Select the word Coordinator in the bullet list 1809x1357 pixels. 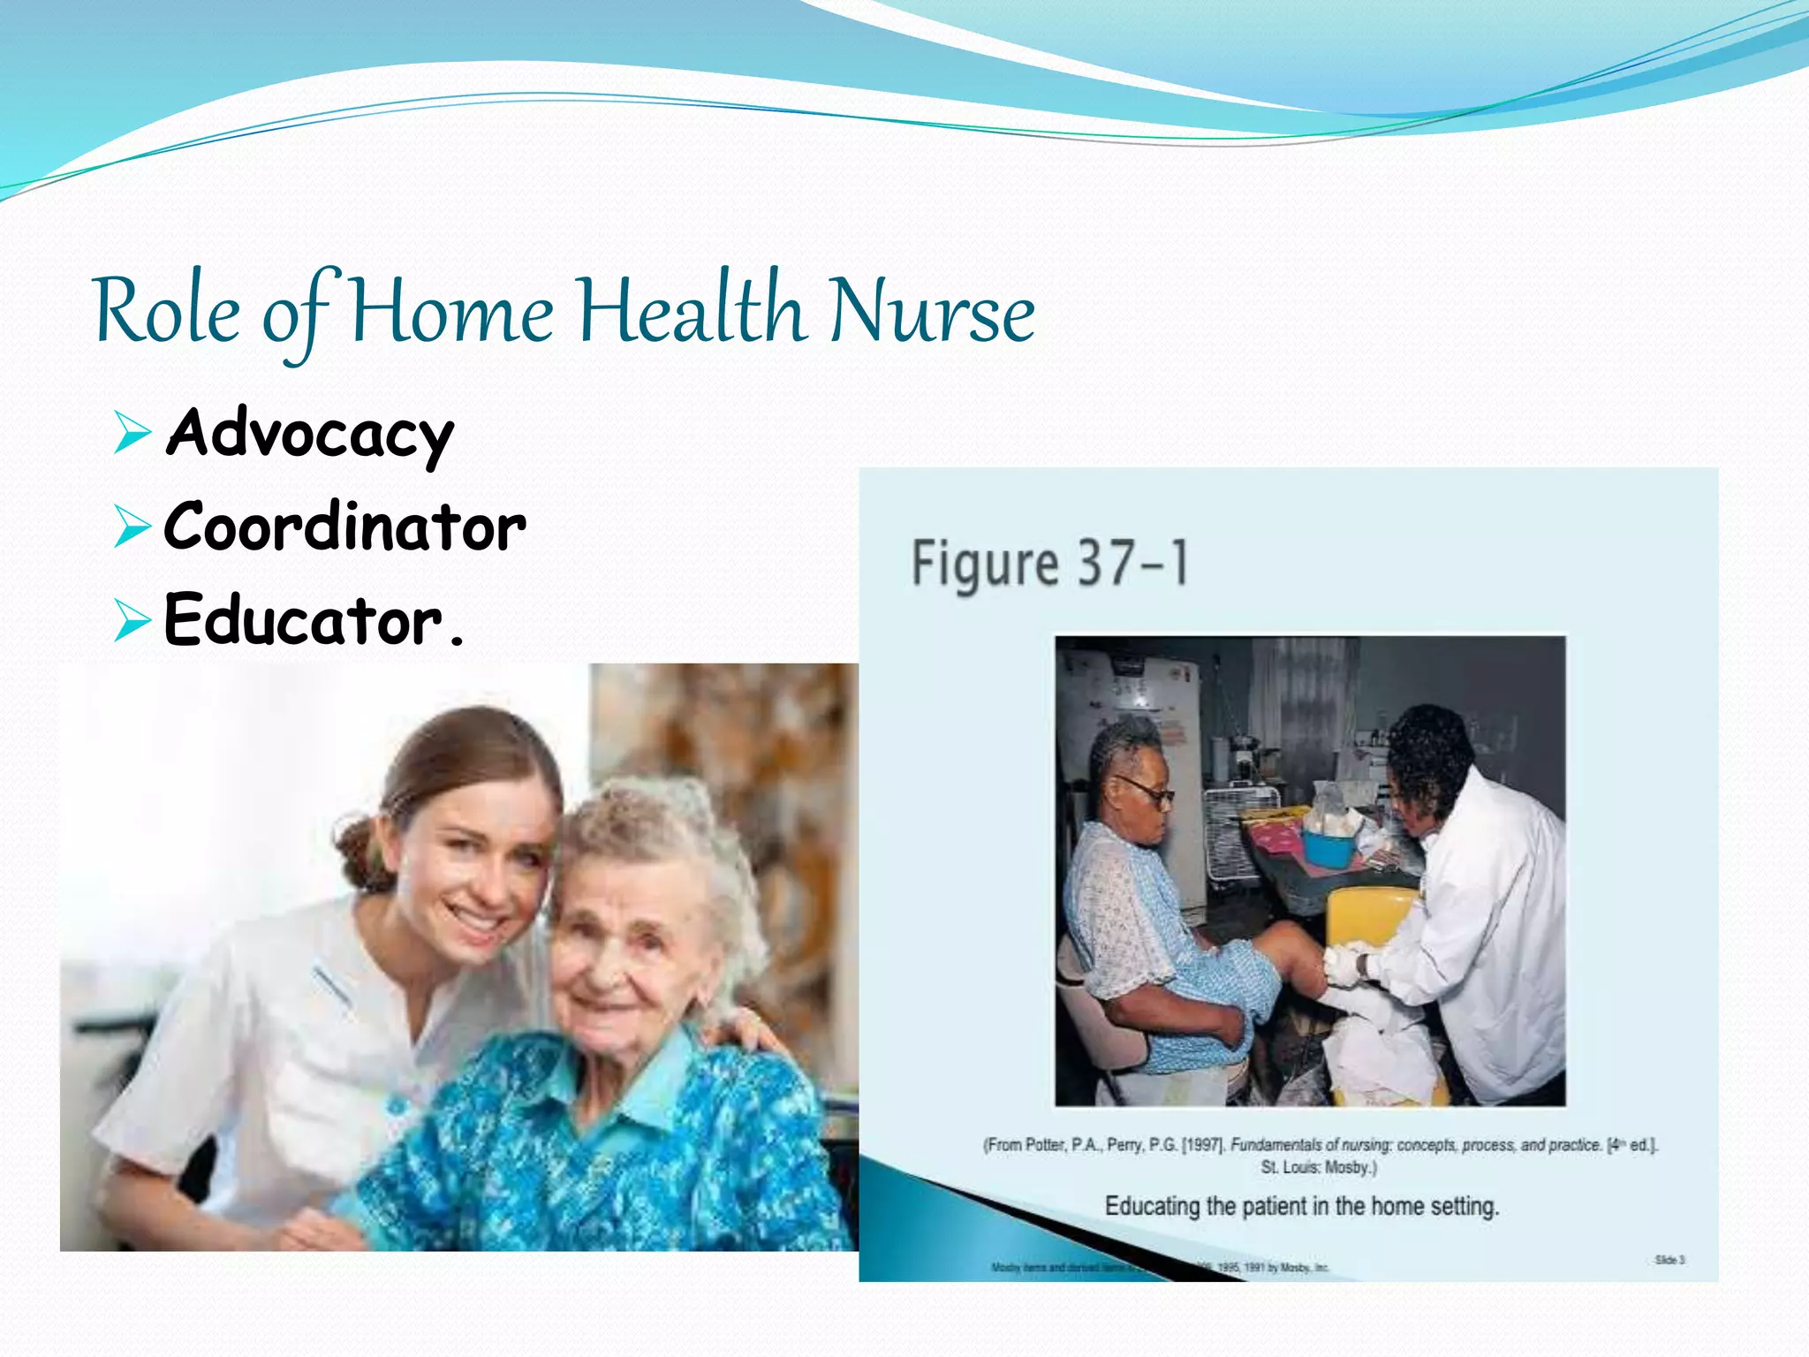point(344,527)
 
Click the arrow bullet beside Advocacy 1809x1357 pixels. point(132,434)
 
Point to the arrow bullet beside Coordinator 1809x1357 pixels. point(132,527)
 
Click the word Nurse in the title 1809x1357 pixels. point(932,311)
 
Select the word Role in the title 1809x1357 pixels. point(167,311)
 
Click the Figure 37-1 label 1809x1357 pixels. point(1049,563)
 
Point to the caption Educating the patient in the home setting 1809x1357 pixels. point(1301,1206)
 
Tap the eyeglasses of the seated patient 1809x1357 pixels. point(1146,790)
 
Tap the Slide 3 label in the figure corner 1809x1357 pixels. point(1669,1260)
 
